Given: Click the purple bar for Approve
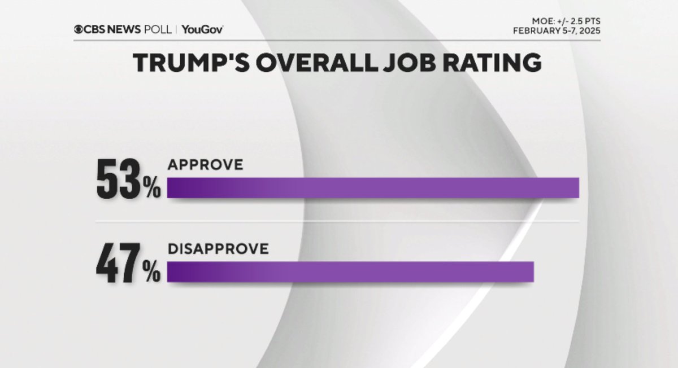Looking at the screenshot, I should coord(373,187).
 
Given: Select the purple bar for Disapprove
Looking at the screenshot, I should coord(350,271).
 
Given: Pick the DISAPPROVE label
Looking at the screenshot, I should coord(218,249).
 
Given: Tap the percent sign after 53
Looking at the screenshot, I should coord(151,190).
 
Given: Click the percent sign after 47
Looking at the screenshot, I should coord(151,274).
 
